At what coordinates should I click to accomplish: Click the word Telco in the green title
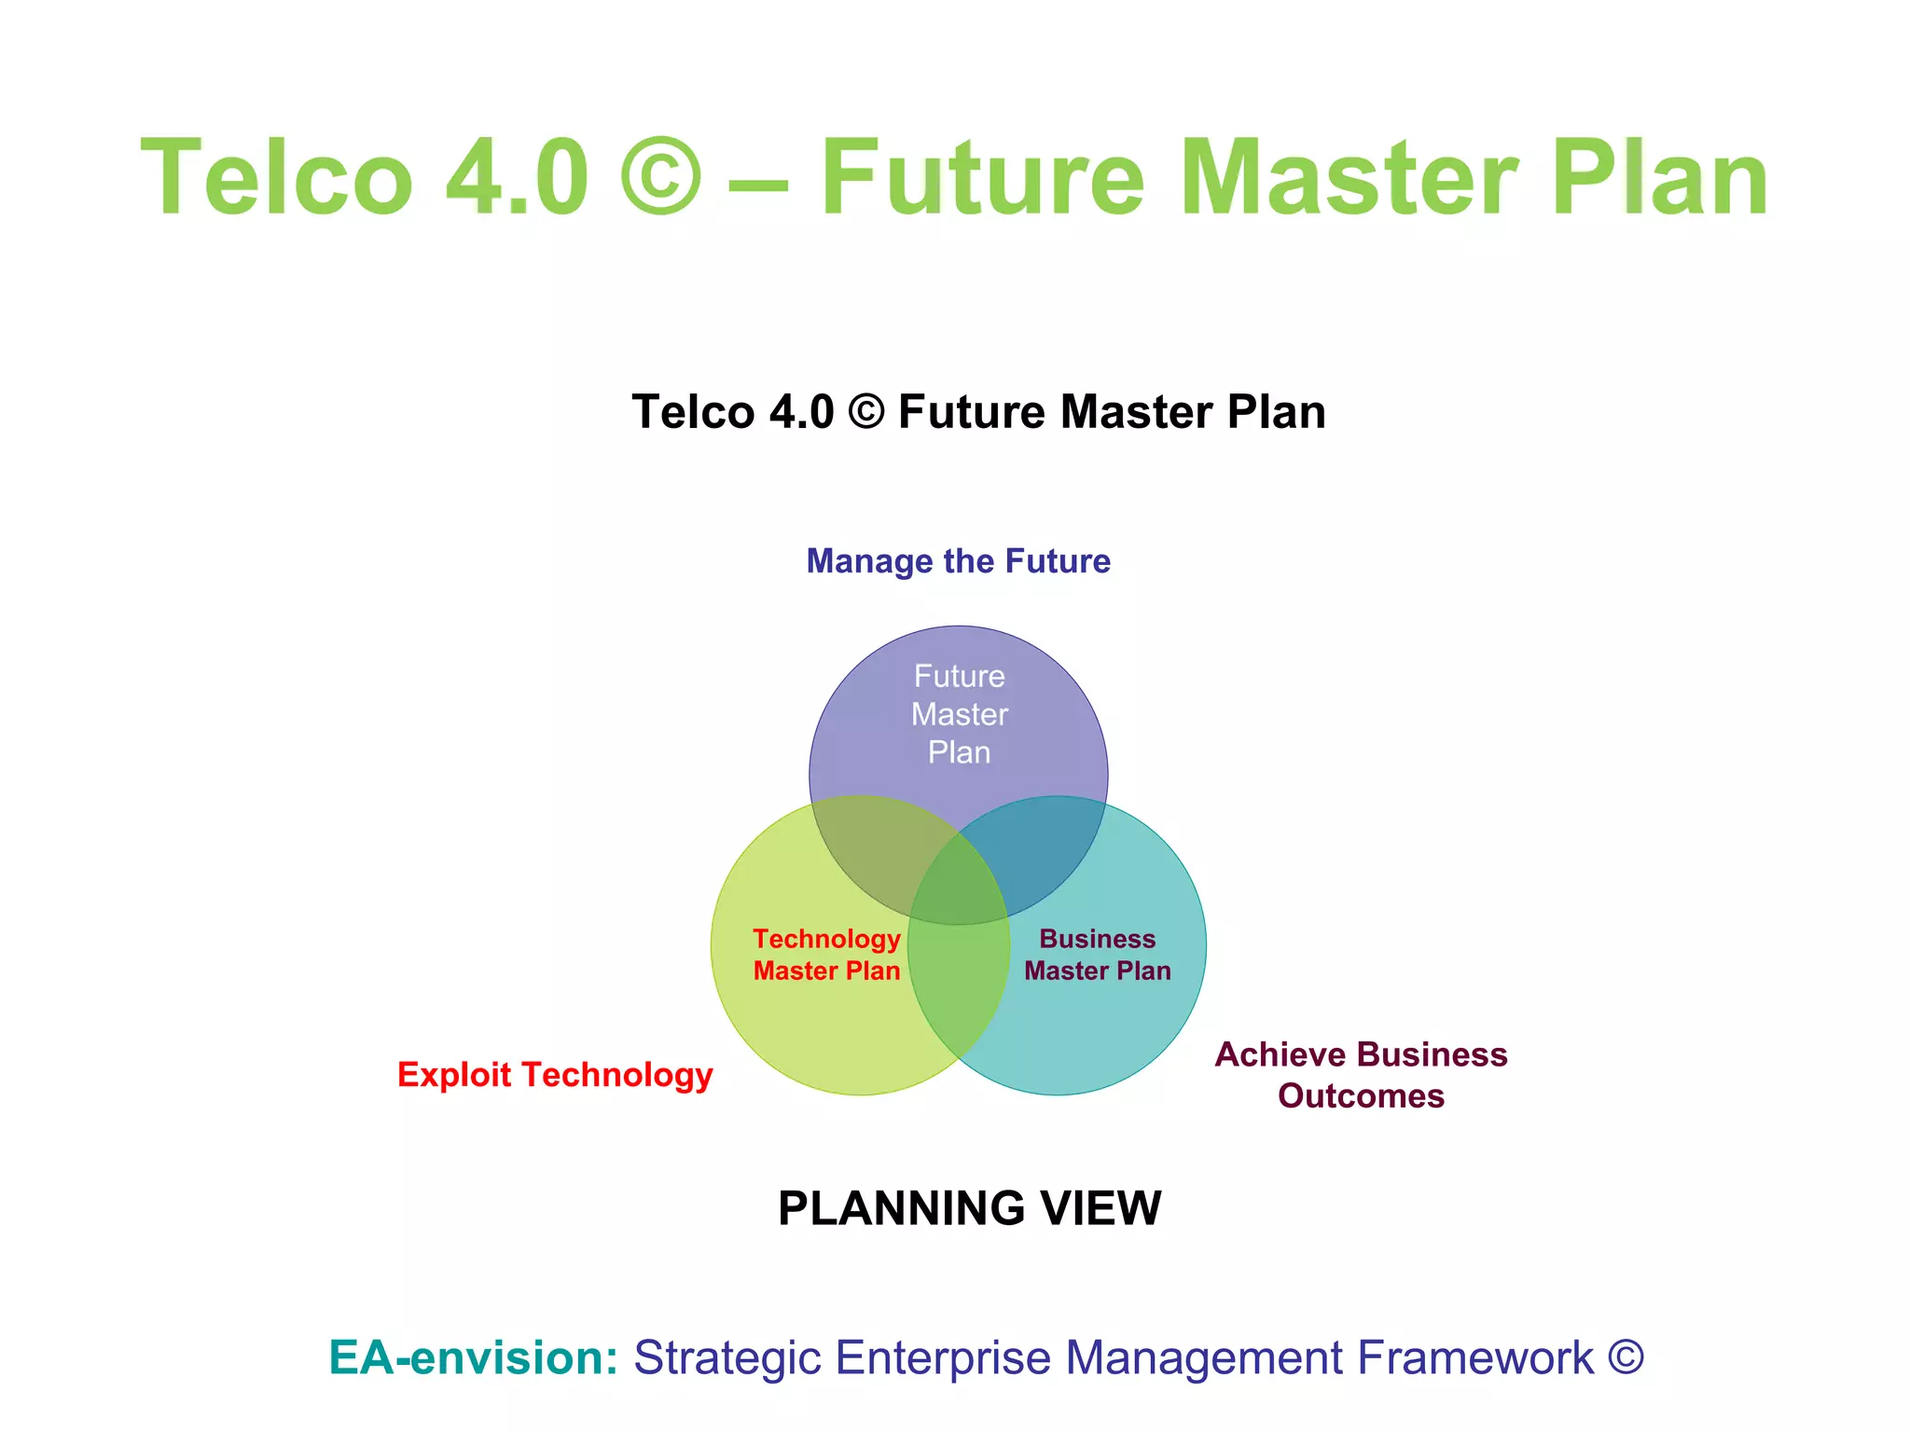(x=277, y=177)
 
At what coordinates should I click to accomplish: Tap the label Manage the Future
(x=958, y=561)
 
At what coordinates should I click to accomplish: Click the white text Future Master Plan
(x=959, y=714)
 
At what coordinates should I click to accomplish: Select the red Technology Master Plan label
(x=826, y=955)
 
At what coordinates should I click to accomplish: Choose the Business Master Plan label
(x=1097, y=955)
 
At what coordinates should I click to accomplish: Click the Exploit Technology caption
(x=555, y=1075)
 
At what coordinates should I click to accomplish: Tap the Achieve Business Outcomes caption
(x=1361, y=1075)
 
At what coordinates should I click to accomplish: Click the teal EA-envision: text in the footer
(x=473, y=1357)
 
